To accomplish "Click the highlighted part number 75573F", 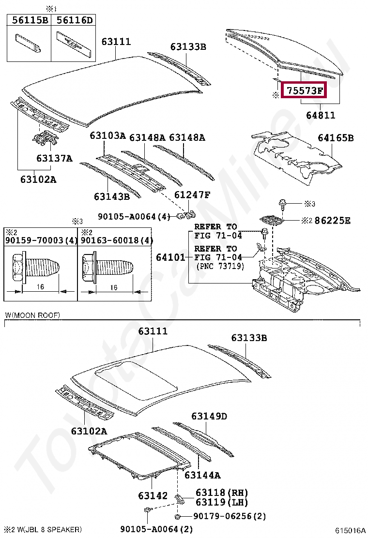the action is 305,90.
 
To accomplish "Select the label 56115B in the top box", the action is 30,20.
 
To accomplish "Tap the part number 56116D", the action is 74,20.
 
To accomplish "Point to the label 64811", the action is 320,115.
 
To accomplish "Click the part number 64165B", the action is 336,138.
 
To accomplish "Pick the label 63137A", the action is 54,158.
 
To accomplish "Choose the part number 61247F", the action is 192,195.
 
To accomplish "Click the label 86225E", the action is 332,220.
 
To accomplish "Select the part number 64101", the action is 170,257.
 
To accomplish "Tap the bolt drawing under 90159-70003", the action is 36,267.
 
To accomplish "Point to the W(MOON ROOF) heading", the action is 32,315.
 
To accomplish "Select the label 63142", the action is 153,495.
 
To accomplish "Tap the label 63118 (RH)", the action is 222,493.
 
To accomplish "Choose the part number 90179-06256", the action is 225,516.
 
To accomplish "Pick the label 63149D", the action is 209,416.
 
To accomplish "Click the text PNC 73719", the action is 220,266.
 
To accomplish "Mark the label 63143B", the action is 112,196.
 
